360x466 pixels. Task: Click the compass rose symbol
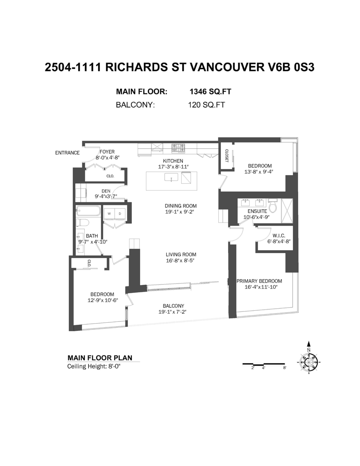[309, 363]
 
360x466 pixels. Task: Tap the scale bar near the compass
[264, 364]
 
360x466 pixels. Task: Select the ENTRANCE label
[67, 153]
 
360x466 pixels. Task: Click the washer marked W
[109, 214]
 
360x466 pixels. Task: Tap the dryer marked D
[120, 214]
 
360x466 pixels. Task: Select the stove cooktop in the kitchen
[179, 148]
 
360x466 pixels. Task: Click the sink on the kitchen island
[171, 177]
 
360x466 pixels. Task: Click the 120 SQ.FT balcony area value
[206, 105]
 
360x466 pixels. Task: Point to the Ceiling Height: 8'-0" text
[94, 366]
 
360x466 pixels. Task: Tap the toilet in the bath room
[83, 223]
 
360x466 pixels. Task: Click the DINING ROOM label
[181, 206]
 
